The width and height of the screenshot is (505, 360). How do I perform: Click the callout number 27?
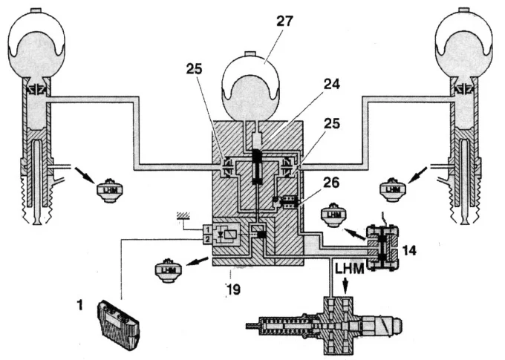coord(284,22)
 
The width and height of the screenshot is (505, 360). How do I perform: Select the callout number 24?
coord(332,85)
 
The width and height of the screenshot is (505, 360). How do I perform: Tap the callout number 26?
coord(332,183)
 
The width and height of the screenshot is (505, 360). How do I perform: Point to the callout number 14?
coord(409,250)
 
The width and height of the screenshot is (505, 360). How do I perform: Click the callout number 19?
coord(233,289)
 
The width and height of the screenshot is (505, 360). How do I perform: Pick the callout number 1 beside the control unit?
coord(80,304)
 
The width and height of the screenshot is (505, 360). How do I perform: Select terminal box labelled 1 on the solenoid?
coord(207,230)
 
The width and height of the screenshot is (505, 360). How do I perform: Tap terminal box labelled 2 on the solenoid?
coord(207,239)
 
